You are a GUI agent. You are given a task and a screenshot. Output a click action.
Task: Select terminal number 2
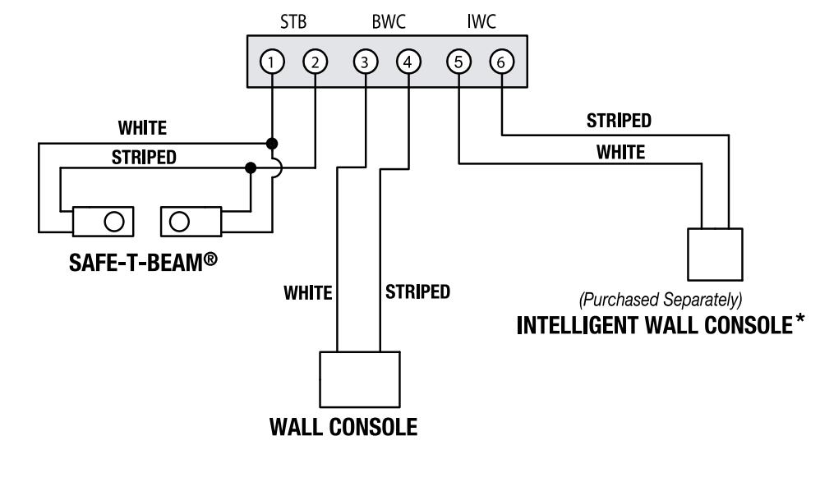316,61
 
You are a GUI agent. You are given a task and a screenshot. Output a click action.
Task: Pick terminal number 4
408,61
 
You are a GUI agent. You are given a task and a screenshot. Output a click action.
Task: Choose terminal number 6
501,61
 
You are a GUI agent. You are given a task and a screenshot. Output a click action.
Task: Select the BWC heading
386,22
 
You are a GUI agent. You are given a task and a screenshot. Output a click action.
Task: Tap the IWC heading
480,22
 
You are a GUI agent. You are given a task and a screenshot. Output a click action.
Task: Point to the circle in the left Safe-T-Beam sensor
114,220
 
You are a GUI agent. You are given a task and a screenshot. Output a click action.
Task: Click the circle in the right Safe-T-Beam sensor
180,220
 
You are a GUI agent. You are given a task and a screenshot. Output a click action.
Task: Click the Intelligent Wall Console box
714,255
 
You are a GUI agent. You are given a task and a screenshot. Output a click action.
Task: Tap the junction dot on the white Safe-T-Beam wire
272,142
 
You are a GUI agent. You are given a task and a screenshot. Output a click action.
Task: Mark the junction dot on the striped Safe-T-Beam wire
251,168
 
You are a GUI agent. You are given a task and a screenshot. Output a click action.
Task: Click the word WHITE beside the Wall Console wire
307,292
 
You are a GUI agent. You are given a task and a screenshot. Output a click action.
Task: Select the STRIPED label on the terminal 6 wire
619,121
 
